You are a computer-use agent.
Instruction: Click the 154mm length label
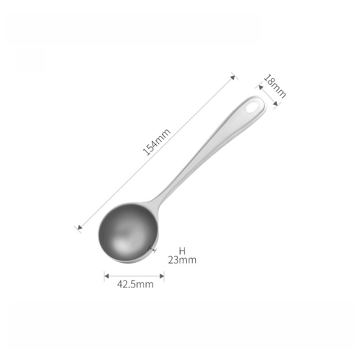[157, 142]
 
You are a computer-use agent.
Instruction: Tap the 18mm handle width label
[274, 86]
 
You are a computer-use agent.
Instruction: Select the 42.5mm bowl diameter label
[135, 284]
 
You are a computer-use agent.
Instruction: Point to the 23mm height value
[182, 260]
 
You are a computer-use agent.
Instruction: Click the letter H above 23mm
[182, 251]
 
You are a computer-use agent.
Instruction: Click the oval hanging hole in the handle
[252, 108]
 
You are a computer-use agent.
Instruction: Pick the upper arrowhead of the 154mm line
[233, 77]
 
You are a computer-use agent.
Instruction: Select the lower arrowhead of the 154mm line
[80, 227]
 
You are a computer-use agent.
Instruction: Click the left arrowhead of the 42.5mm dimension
[107, 276]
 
